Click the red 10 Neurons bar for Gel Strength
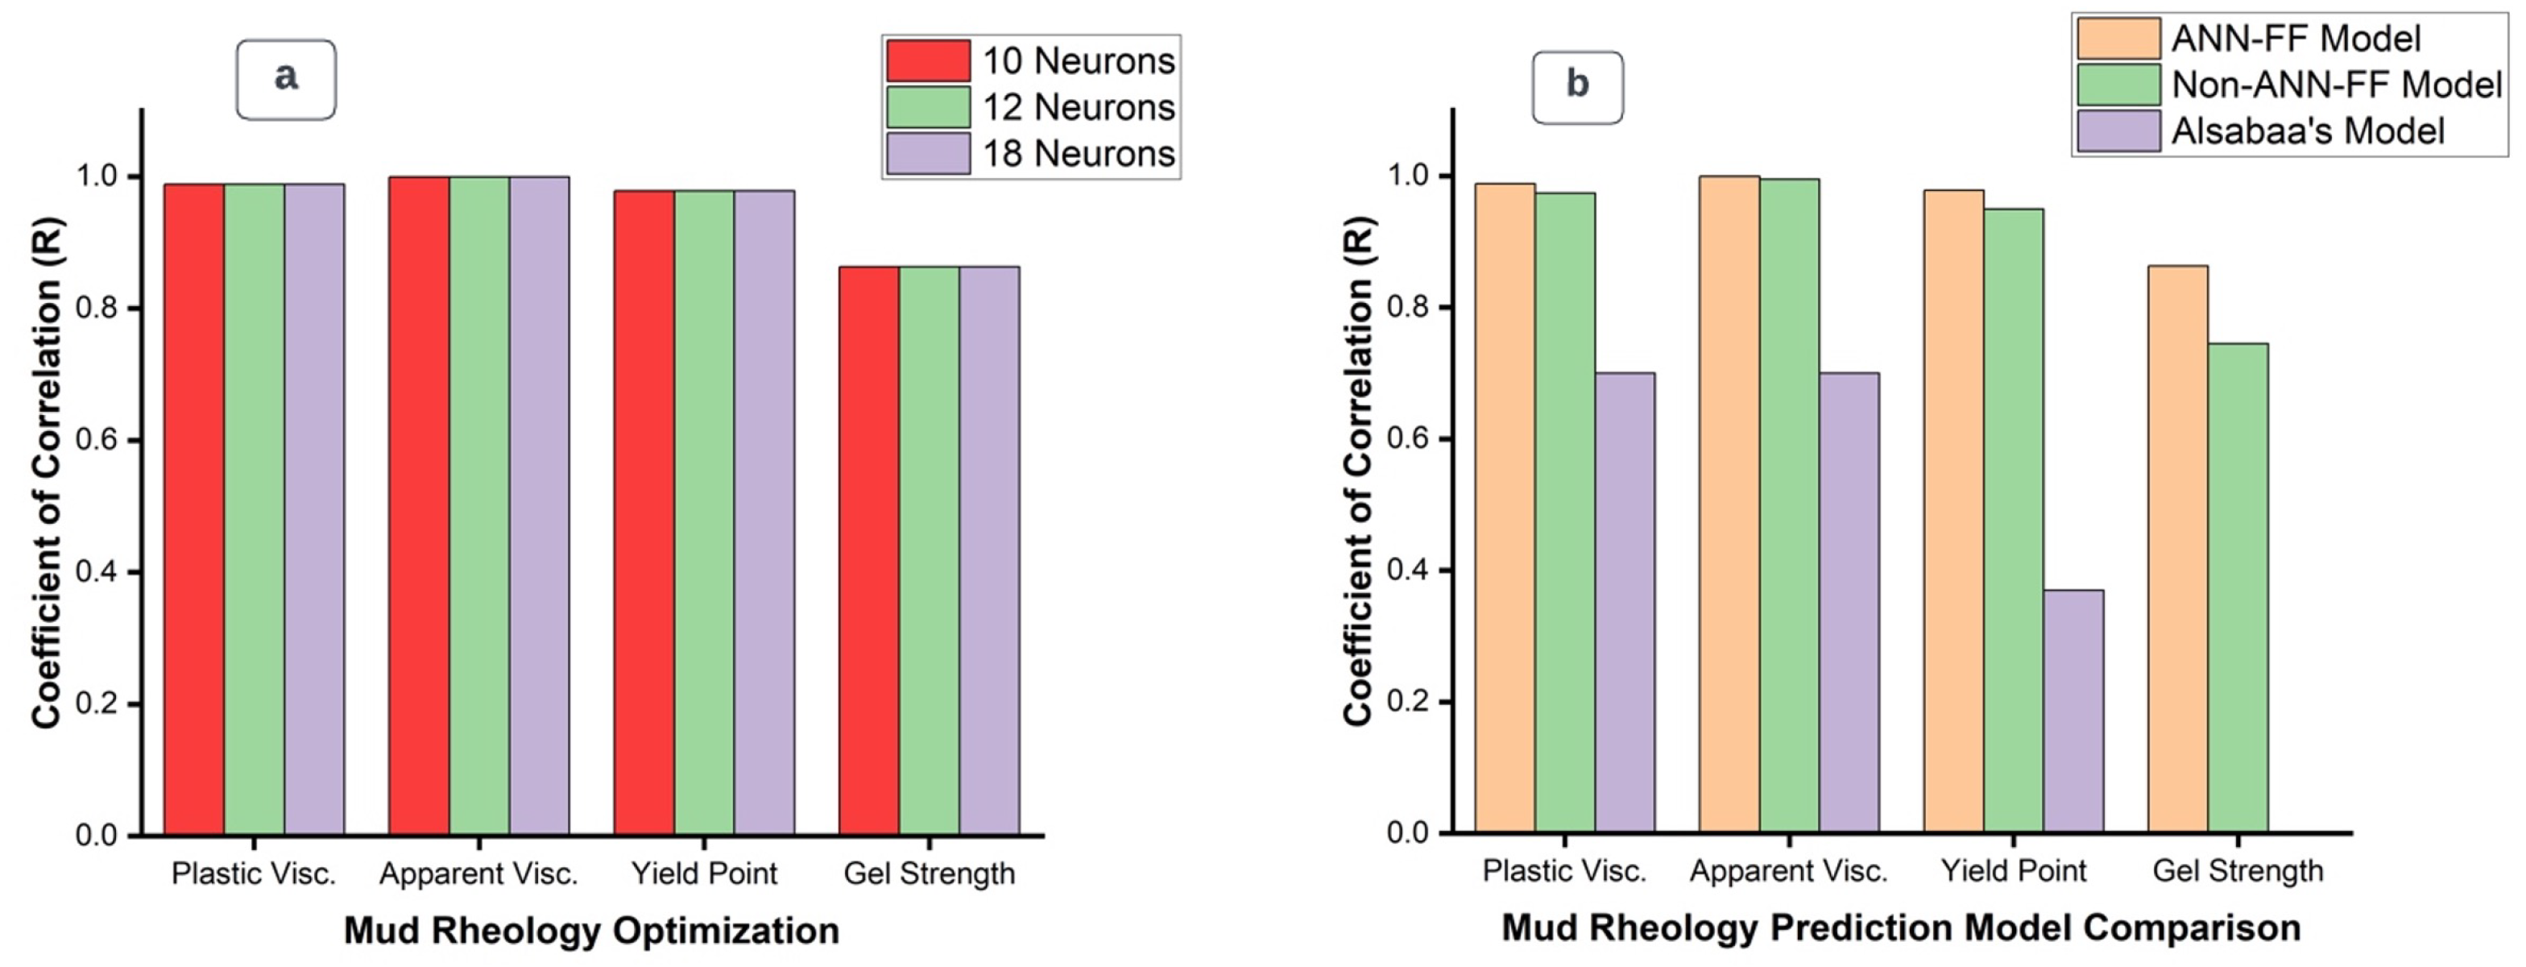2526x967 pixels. tap(869, 550)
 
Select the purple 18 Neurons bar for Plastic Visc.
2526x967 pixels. tap(314, 510)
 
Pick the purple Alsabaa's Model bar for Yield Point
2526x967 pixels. tap(2073, 711)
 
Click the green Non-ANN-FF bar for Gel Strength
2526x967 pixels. tap(2238, 588)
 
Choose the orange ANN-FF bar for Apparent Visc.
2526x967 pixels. tap(1729, 505)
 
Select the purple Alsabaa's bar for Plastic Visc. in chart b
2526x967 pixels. tap(1624, 603)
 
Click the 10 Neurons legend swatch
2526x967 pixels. tap(928, 60)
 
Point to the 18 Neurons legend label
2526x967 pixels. tap(1079, 154)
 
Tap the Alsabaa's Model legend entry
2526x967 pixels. tap(2308, 131)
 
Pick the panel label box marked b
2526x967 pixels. tap(1577, 87)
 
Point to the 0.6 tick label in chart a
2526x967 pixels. tap(96, 439)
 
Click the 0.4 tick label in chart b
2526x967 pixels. tap(1406, 571)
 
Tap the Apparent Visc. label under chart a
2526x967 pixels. tap(478, 873)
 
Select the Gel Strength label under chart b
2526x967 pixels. tap(2238, 871)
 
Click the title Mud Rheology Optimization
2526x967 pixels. tap(591, 930)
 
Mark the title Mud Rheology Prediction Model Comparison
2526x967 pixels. tap(1900, 928)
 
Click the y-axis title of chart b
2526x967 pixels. tap(1359, 471)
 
